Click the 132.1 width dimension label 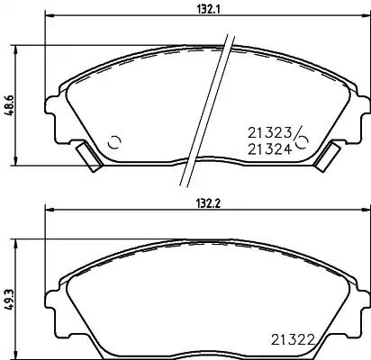(209, 10)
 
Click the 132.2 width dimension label (209, 203)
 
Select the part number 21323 (269, 133)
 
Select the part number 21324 (269, 149)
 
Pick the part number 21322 (293, 340)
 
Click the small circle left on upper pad (114, 142)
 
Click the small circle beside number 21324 (303, 143)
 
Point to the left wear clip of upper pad (89, 157)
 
